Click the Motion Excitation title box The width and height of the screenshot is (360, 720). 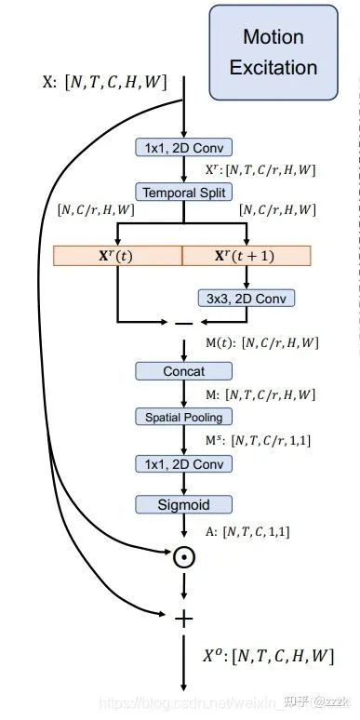tap(273, 51)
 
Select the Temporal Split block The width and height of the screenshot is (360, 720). tap(183, 193)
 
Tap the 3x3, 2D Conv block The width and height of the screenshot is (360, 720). tap(246, 298)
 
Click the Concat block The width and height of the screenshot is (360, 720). tap(183, 371)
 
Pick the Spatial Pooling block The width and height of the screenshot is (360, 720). tap(183, 416)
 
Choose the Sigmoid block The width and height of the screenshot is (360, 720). tap(183, 505)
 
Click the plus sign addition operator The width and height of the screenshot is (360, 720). tap(183, 618)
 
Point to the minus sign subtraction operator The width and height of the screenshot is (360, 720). tap(183, 324)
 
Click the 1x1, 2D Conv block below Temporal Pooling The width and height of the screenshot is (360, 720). tap(183, 464)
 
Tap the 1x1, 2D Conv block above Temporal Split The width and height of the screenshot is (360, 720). tap(183, 148)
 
